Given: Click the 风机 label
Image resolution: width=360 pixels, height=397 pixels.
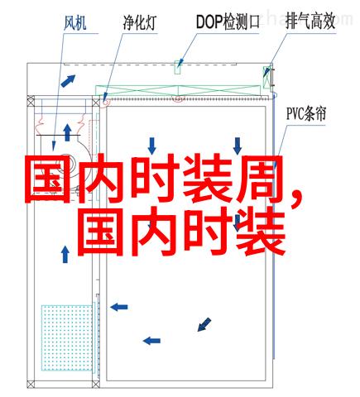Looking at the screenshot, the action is click(x=75, y=23).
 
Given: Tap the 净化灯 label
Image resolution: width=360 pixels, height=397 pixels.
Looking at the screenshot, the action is click(x=140, y=22).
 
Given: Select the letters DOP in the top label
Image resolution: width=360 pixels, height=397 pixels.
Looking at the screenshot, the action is click(x=209, y=22).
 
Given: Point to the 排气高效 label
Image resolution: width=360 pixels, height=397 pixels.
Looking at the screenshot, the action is click(x=310, y=22).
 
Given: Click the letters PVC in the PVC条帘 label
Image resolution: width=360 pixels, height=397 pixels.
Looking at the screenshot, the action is click(x=295, y=114).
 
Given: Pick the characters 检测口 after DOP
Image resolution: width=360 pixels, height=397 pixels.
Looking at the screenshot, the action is click(x=242, y=22).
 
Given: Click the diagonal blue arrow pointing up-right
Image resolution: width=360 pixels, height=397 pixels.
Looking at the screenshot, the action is click(x=68, y=81).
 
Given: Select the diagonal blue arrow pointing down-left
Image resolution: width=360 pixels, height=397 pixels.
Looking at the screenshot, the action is click(x=204, y=324).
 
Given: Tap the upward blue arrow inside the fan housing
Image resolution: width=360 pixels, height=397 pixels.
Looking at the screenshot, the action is click(x=67, y=132).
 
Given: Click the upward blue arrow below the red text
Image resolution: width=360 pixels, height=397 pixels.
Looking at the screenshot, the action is click(x=65, y=254).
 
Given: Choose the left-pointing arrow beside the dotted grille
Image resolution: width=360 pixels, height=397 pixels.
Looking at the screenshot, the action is click(x=119, y=307).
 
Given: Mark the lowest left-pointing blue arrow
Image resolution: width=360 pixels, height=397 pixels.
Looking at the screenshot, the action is click(x=151, y=341).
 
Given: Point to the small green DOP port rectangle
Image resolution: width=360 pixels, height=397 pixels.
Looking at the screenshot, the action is click(x=178, y=67).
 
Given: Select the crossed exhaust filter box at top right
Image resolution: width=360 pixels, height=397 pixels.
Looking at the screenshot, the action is click(x=266, y=78).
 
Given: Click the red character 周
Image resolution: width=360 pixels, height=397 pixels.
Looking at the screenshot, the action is click(x=258, y=179).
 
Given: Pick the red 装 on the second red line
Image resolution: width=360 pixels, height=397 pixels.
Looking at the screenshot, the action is click(x=261, y=232).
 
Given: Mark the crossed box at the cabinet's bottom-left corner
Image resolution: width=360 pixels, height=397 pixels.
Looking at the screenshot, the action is click(x=31, y=384).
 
